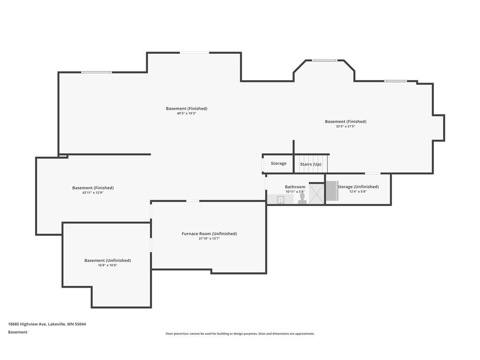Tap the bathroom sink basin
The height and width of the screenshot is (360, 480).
[280, 200]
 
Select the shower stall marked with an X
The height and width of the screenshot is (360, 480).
[316, 193]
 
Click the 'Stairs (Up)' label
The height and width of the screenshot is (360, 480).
[311, 165]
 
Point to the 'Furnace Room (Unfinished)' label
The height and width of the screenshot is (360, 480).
[210, 233]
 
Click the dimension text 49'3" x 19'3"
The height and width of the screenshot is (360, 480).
[187, 113]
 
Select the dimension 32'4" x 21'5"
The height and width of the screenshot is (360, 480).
[345, 126]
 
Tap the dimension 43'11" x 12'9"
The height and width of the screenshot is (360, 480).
[93, 193]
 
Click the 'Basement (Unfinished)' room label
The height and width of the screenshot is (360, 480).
[108, 261]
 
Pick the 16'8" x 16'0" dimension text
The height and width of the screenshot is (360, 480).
[108, 265]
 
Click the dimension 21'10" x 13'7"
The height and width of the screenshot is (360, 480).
[210, 239]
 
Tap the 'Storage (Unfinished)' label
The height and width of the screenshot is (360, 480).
[358, 187]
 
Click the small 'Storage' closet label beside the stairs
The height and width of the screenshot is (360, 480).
[278, 164]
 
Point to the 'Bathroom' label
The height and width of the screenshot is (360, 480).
[295, 187]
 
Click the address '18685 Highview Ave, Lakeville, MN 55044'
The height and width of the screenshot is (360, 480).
[47, 324]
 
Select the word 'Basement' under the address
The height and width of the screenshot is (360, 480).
[18, 332]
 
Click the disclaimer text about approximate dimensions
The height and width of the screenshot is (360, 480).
[240, 334]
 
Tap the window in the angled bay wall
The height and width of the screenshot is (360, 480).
[324, 60]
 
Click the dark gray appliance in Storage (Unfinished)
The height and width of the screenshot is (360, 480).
[332, 191]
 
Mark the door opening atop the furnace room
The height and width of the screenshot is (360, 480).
[193, 201]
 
